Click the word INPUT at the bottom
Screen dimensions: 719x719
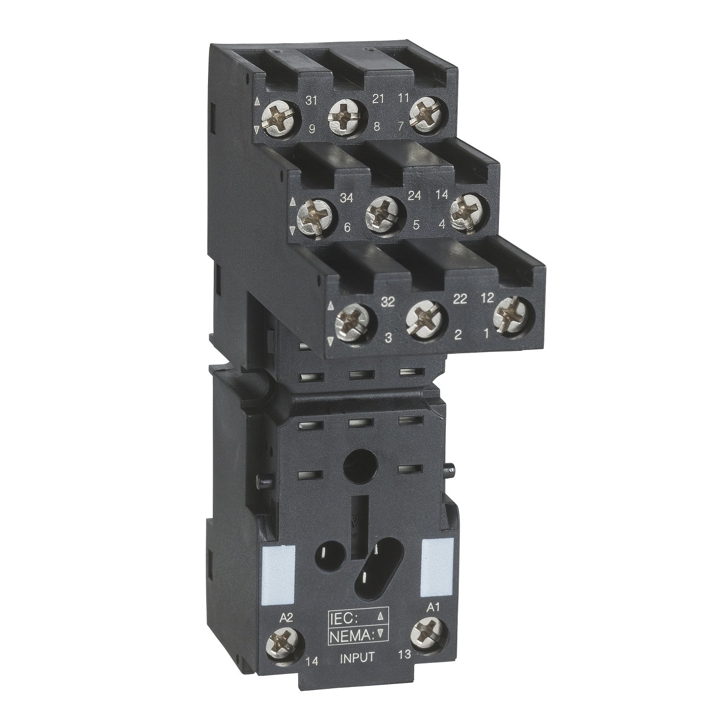[x=357, y=657]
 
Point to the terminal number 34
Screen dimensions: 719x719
[x=346, y=197]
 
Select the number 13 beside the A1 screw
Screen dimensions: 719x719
[x=405, y=654]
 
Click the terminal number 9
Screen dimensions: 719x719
[x=312, y=128]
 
